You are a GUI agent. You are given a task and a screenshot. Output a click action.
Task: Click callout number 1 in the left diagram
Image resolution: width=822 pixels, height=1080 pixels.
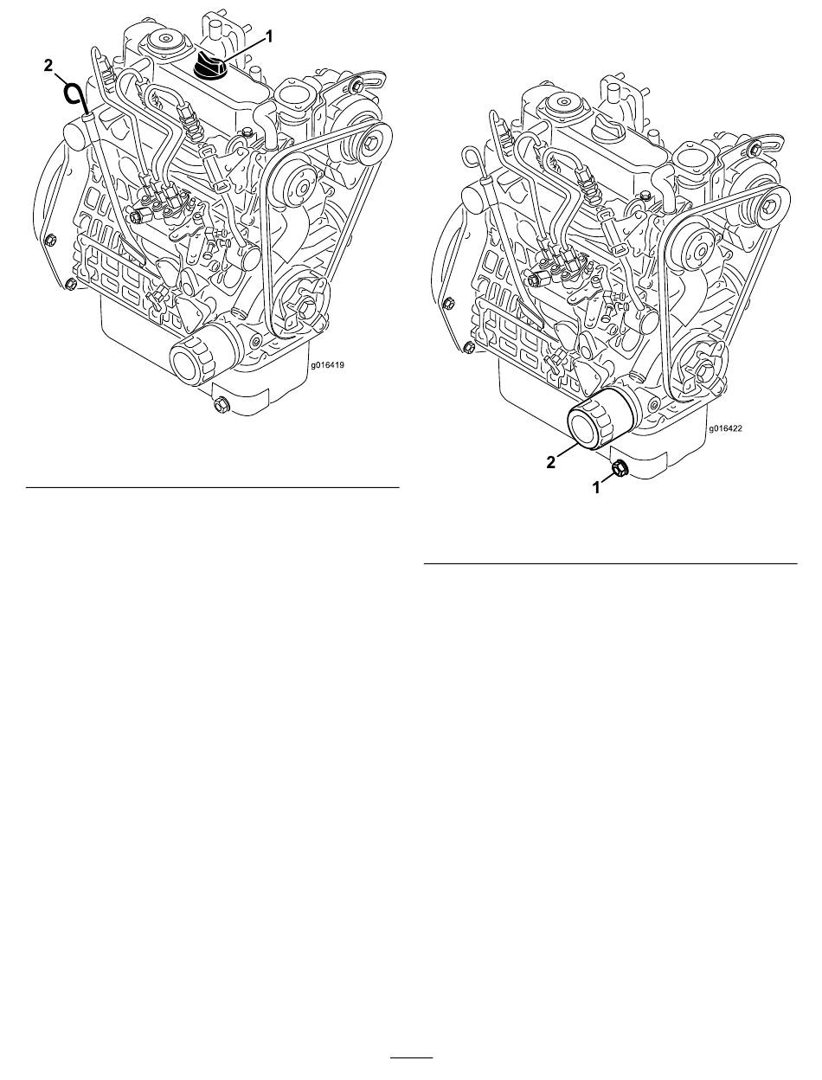point(268,36)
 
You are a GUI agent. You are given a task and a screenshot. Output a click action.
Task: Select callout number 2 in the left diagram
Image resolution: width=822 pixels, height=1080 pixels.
point(48,66)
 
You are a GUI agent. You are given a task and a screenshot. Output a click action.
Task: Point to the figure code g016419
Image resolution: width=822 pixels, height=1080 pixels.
point(327,365)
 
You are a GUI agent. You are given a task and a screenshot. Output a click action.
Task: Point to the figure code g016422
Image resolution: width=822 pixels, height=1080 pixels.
point(725,428)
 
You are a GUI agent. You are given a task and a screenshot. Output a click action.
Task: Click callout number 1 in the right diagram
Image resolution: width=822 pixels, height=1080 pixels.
point(597,488)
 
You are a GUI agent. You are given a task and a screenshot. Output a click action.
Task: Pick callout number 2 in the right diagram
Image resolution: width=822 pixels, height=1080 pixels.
point(551,462)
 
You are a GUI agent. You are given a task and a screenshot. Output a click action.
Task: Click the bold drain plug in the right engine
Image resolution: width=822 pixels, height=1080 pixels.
point(620,469)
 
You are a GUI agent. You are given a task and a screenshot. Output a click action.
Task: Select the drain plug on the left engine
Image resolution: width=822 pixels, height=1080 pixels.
point(220,406)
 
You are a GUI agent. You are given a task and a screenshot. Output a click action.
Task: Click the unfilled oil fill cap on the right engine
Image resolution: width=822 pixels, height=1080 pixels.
point(609,128)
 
